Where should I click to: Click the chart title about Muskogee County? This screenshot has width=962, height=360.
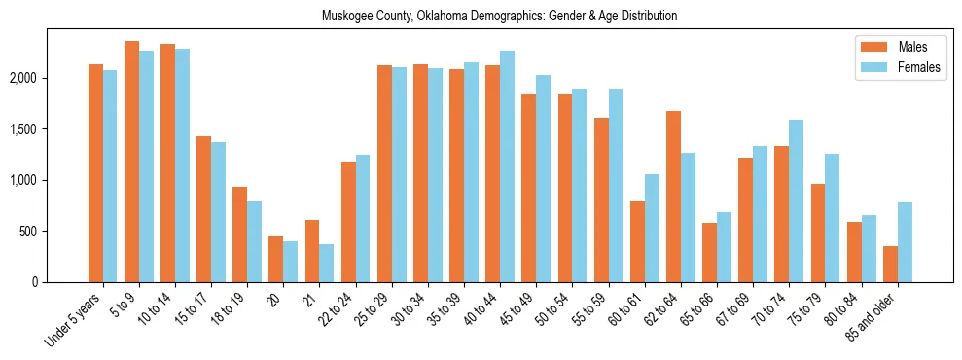pos(499,17)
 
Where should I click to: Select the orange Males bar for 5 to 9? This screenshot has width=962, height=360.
pos(131,162)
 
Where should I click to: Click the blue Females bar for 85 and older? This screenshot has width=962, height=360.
pos(906,242)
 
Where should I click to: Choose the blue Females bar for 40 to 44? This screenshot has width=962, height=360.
pos(508,166)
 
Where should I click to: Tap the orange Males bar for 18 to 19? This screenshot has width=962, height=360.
pos(239,234)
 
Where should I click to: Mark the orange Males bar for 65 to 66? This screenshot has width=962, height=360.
pos(709,252)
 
